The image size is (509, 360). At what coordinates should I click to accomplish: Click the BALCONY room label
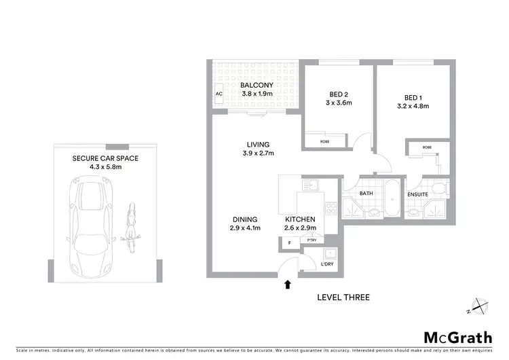(x=256, y=85)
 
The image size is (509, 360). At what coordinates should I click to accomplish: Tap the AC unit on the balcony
(x=219, y=94)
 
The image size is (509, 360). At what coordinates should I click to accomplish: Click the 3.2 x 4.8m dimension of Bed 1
(x=413, y=106)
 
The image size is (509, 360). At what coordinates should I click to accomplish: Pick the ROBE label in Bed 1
(x=427, y=147)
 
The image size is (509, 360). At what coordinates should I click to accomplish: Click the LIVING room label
(x=258, y=144)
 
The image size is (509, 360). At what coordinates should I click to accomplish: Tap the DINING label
(x=244, y=219)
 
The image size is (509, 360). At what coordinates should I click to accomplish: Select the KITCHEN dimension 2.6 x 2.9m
(x=299, y=229)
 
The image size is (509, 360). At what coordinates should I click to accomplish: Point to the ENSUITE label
(x=417, y=194)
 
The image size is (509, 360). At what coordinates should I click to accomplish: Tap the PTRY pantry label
(x=312, y=240)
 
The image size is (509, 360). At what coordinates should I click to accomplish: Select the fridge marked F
(x=290, y=242)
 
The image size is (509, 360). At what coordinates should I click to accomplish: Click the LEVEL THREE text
(x=343, y=298)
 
